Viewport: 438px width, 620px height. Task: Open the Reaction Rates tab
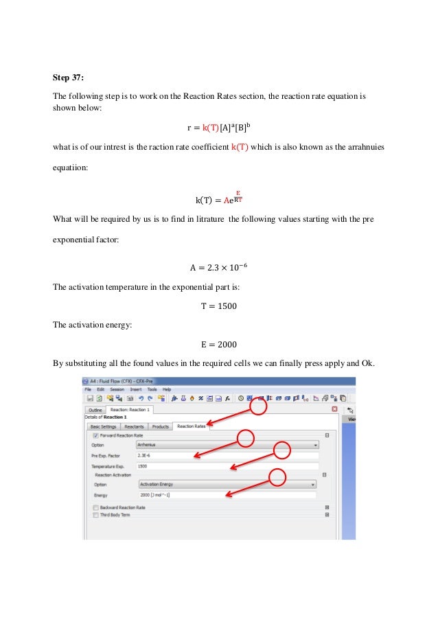[191, 426]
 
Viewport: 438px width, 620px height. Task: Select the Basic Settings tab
[104, 426]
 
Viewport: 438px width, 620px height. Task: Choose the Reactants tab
[134, 426]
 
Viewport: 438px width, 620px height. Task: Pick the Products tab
[161, 426]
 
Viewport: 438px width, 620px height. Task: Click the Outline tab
[95, 410]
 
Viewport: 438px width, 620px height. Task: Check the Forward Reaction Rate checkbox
[95, 435]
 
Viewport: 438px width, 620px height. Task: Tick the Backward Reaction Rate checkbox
[95, 507]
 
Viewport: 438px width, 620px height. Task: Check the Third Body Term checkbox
[95, 514]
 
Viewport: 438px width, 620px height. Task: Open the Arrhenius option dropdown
[227, 444]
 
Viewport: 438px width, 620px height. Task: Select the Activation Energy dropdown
[227, 483]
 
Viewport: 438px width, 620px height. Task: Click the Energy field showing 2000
[227, 494]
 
